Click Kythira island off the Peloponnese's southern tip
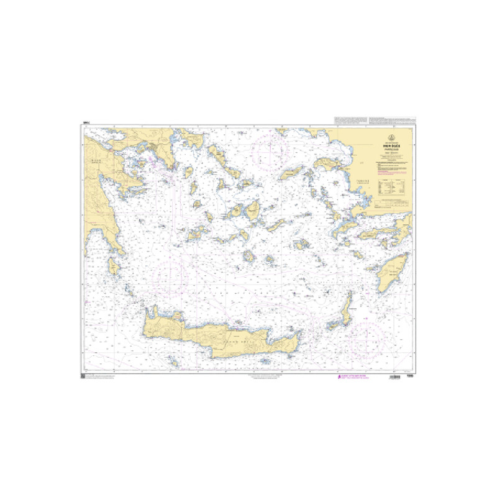pos(114,266)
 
